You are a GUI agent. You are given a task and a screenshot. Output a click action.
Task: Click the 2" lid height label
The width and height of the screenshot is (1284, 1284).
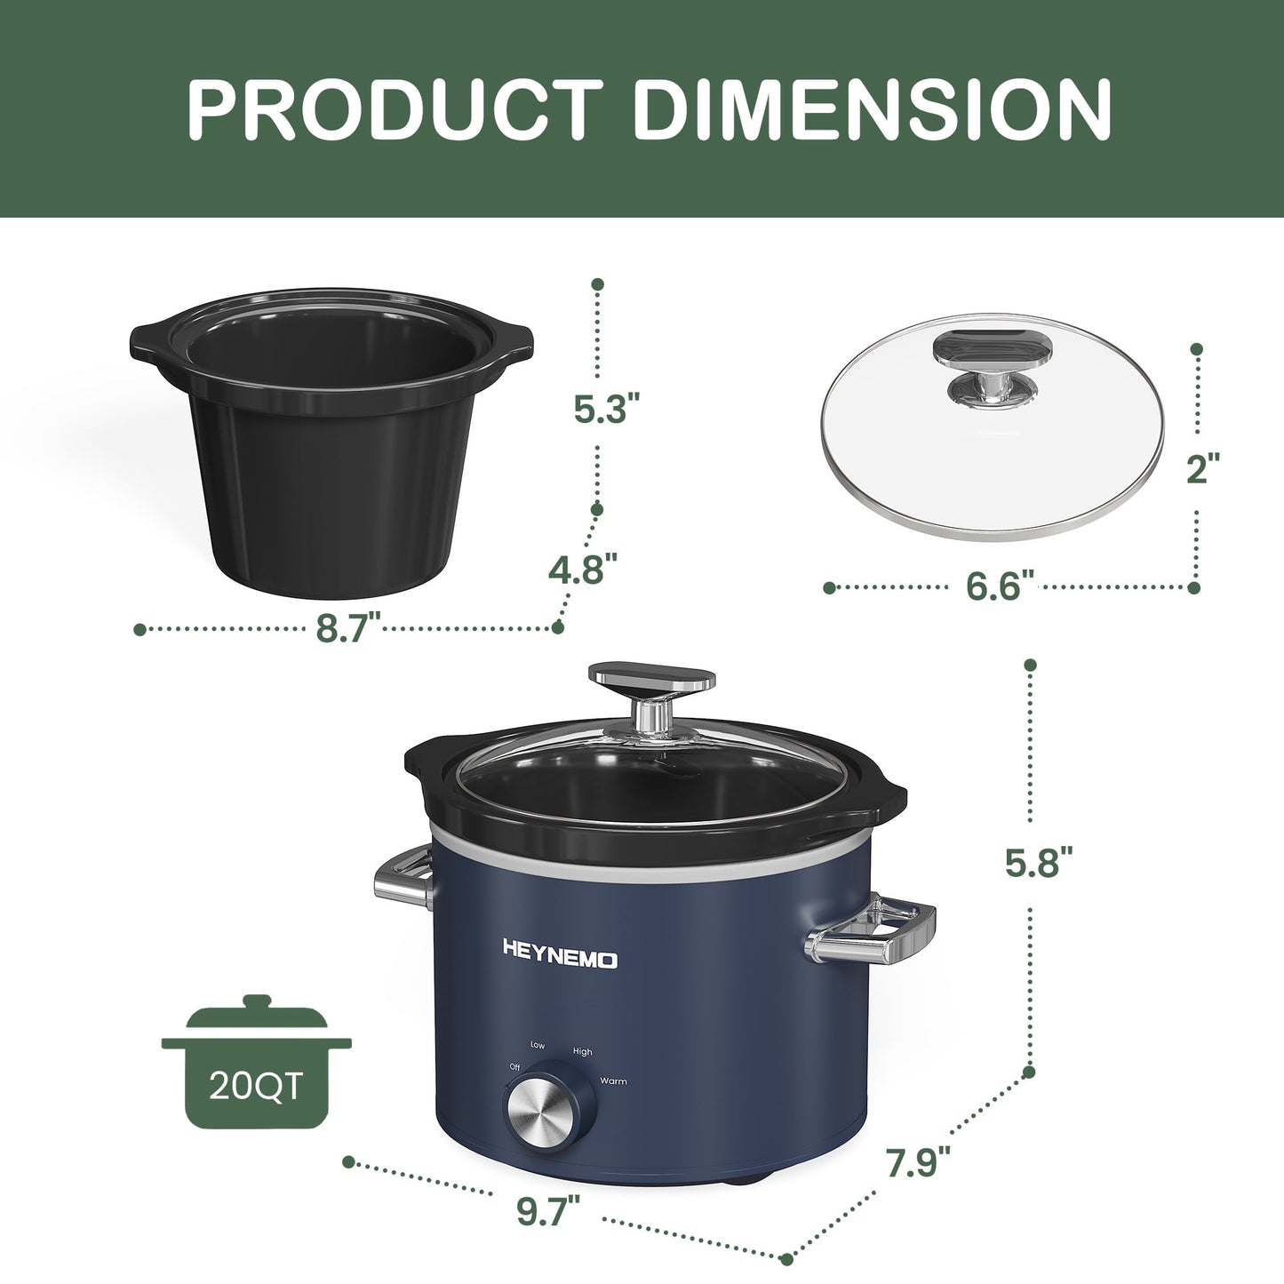tap(1203, 468)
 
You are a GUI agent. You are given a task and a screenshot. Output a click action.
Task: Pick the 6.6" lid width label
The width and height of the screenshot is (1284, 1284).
tap(1001, 587)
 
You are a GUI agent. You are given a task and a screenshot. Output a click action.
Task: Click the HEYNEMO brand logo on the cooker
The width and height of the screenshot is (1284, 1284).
tap(560, 960)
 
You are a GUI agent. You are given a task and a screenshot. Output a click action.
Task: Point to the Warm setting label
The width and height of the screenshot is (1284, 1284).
tap(613, 1081)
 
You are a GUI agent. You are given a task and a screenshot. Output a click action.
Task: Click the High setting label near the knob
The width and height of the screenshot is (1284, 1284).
tap(582, 1052)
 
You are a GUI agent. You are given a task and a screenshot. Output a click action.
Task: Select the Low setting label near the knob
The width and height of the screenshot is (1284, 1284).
tap(538, 1045)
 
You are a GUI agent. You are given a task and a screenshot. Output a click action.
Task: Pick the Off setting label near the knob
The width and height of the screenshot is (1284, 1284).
tap(514, 1066)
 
